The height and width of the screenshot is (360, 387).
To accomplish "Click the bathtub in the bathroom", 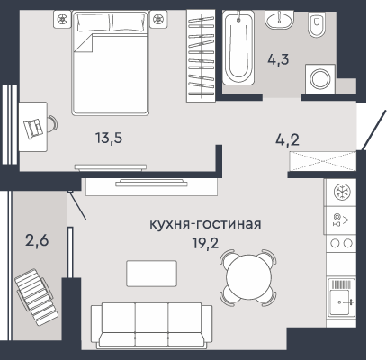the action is click(x=238, y=48).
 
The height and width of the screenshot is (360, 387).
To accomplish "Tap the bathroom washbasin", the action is click(x=279, y=20).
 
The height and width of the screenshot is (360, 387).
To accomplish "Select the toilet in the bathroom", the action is click(x=317, y=24).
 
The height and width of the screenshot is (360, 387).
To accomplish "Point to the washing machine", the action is click(x=320, y=78).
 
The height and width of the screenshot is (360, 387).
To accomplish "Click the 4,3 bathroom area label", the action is click(x=278, y=59).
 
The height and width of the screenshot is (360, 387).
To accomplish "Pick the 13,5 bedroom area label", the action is click(x=109, y=138).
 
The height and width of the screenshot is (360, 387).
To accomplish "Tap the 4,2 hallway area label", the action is click(x=287, y=139).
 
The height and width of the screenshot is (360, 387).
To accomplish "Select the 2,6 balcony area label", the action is click(x=37, y=240).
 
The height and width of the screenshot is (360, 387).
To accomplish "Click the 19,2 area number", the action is click(x=205, y=244).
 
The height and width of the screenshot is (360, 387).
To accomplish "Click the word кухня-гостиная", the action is click(x=205, y=224).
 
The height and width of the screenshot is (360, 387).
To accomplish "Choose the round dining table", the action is click(x=248, y=277).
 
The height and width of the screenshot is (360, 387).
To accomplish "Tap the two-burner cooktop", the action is click(x=341, y=243).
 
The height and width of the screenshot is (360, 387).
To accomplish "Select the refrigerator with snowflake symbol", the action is click(x=341, y=192).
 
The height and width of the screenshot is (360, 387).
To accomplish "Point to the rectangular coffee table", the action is click(x=151, y=274).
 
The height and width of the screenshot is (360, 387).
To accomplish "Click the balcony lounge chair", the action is click(x=36, y=297).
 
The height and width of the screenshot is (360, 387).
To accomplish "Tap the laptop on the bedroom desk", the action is click(x=33, y=129).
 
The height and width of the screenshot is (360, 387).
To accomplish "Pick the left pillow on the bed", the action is click(x=94, y=22).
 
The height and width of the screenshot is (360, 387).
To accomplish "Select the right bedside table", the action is click(x=158, y=19).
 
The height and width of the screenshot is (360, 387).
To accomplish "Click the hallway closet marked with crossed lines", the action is click(x=322, y=161).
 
